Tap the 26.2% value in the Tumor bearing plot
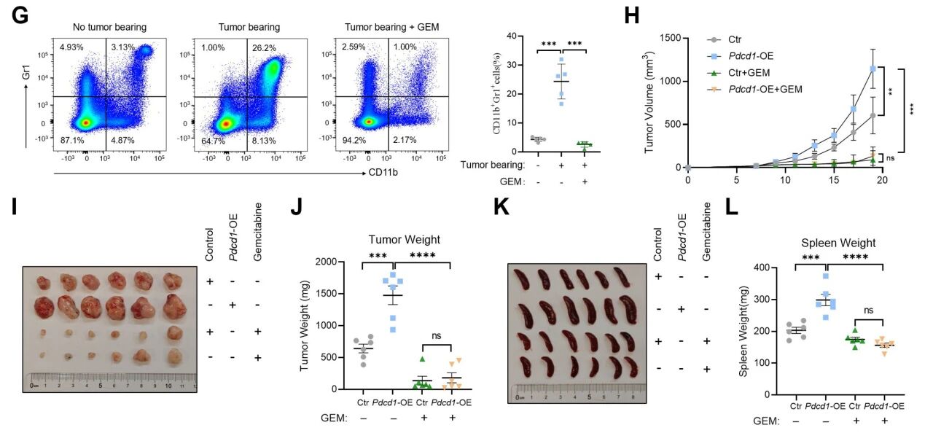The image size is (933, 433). click(x=263, y=47)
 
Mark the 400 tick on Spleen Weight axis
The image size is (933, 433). click(x=762, y=268)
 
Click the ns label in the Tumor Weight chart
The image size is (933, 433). click(x=437, y=337)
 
